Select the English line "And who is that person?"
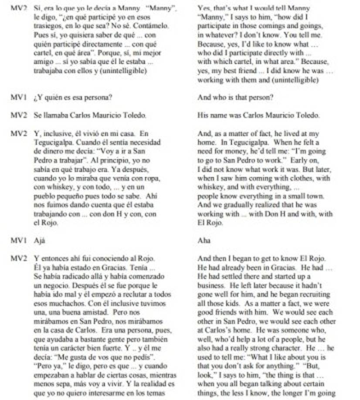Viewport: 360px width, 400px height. [235, 98]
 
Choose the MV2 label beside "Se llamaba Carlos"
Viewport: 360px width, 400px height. [19, 116]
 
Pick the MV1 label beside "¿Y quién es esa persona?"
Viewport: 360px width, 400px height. [19, 98]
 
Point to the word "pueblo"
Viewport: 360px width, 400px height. [45, 196]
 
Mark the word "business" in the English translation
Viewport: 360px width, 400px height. [210, 285]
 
